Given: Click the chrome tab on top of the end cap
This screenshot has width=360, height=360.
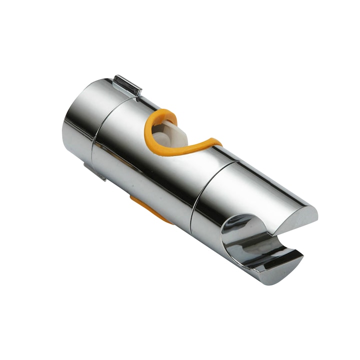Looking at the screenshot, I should [127, 85].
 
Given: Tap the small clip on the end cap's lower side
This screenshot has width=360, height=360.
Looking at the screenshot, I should [95, 171].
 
